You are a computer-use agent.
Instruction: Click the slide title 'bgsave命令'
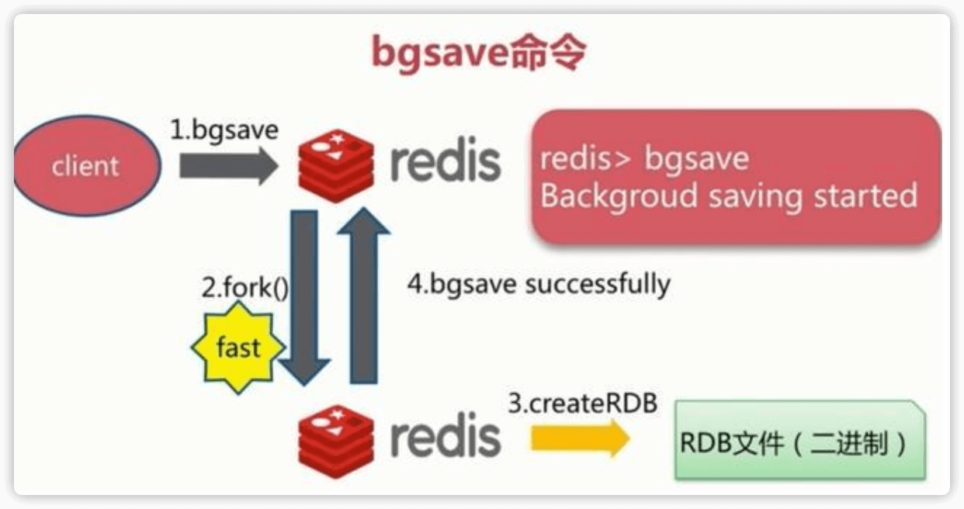tap(479, 54)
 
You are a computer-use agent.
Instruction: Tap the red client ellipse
tap(85, 166)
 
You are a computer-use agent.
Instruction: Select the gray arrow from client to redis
tap(227, 166)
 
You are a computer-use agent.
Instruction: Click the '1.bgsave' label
tap(224, 129)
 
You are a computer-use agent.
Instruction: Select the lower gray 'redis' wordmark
tap(445, 436)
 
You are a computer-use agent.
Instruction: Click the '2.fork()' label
tap(244, 289)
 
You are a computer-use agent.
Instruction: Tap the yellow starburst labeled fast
tap(238, 348)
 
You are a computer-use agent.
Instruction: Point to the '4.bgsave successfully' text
tap(538, 284)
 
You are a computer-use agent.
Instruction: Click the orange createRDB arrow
tap(579, 439)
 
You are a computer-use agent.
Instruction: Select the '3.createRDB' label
tap(582, 404)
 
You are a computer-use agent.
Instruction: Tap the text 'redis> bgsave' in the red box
tap(644, 158)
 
